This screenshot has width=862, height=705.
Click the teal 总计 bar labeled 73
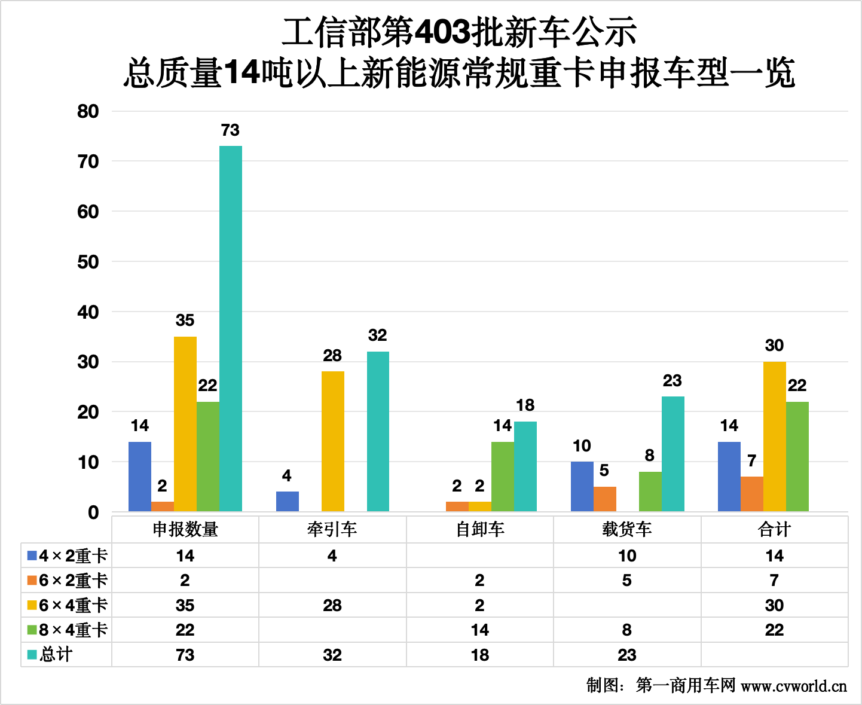point(231,328)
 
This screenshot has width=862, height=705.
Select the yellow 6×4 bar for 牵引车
point(333,441)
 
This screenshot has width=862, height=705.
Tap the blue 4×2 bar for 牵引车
point(288,502)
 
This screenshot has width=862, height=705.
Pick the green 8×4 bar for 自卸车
point(503,477)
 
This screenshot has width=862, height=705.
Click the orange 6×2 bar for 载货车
point(605,499)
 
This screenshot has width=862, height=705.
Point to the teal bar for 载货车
point(673,454)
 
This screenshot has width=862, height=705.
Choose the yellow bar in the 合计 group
point(775,437)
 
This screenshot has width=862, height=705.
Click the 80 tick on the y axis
point(88,111)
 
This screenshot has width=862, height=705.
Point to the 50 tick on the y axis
point(88,262)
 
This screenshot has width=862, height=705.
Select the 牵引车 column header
point(332,529)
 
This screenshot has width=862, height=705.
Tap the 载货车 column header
point(627,529)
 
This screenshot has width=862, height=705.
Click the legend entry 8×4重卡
point(67,630)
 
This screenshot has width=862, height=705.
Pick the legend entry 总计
point(50,655)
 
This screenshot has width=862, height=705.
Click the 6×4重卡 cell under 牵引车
point(332,605)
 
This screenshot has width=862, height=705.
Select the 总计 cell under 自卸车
point(480,655)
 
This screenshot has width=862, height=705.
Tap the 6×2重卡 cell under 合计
point(774,581)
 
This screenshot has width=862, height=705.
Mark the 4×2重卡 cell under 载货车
point(627,556)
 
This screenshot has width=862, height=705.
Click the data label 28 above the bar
point(332,356)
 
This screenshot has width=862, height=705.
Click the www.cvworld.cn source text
point(794,686)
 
